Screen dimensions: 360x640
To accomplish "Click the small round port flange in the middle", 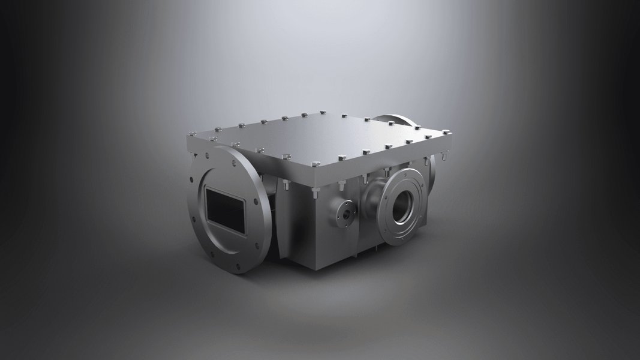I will coord(346,211).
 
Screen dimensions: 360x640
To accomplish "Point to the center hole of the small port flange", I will coord(346,211).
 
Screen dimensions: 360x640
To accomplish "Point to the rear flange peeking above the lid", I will coord(393,119).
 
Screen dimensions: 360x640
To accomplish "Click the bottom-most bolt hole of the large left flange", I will coord(239,268).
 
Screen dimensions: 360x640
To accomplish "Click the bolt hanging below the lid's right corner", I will coord(441,157).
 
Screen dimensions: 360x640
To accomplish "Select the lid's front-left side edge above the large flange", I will coord(252,157).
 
